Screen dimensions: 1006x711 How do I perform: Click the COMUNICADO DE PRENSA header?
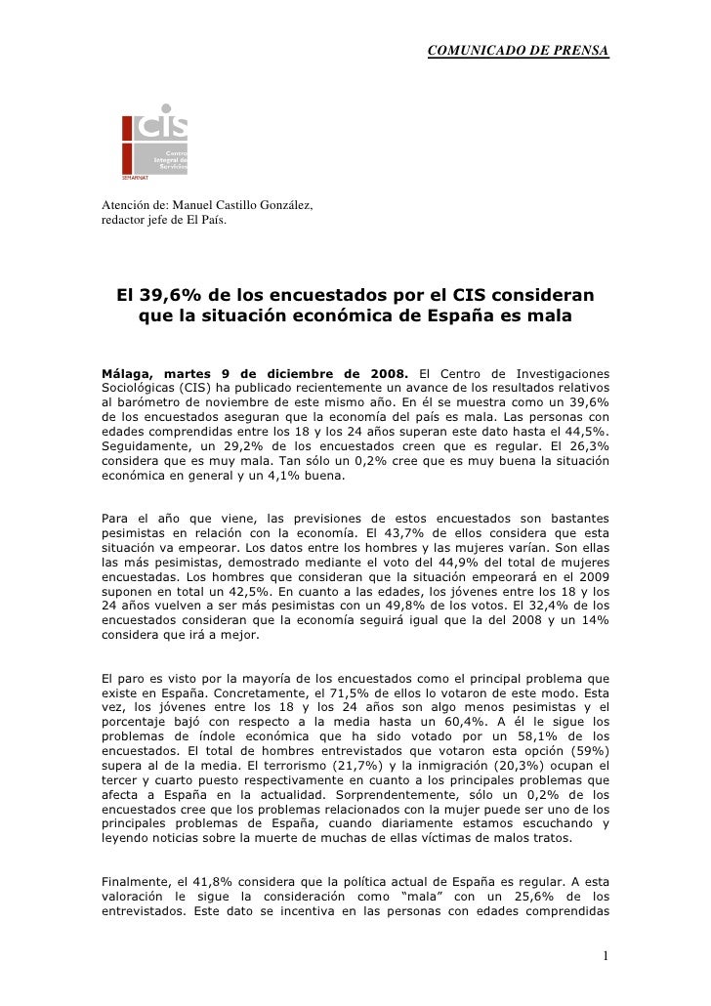(x=518, y=49)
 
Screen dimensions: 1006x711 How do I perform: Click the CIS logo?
(x=154, y=142)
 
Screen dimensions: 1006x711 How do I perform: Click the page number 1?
(x=606, y=955)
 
